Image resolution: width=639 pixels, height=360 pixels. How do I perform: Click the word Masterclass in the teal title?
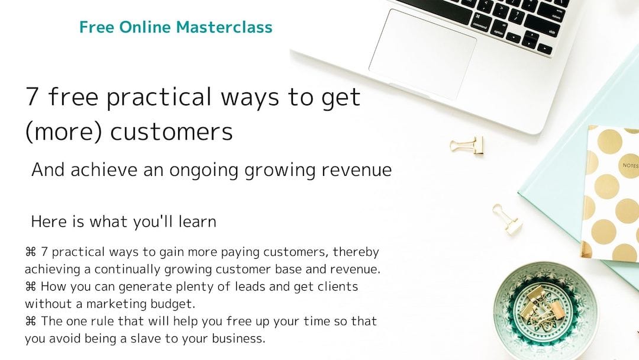click(x=224, y=27)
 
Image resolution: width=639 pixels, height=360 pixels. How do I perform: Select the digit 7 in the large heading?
click(x=32, y=97)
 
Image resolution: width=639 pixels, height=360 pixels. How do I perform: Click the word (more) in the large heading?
click(x=63, y=132)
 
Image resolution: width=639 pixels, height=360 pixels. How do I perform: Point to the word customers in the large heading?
click(x=172, y=132)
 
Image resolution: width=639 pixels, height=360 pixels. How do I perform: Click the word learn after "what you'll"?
click(x=197, y=222)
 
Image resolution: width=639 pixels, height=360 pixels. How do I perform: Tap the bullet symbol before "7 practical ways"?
click(x=31, y=252)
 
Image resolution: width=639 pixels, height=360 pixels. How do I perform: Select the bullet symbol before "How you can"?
click(x=31, y=287)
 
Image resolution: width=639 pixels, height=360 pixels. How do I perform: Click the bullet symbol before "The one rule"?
click(x=31, y=322)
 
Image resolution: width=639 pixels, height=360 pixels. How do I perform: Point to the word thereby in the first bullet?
click(x=356, y=252)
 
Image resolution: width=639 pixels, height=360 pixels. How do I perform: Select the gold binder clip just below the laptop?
click(x=467, y=146)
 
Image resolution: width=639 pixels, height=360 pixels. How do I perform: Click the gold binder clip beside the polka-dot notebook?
click(x=507, y=220)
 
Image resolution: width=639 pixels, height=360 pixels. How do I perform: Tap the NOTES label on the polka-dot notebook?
click(x=631, y=165)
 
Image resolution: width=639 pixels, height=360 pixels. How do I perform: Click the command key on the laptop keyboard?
click(x=480, y=22)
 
